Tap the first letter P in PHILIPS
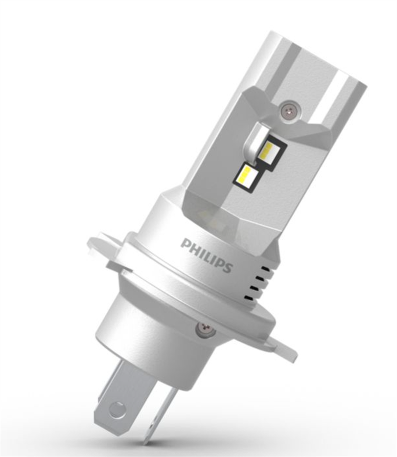tap(185, 243)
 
